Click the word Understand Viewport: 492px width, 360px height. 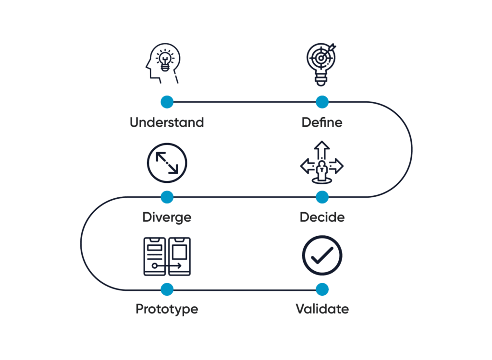click(167, 122)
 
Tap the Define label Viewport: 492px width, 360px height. click(322, 122)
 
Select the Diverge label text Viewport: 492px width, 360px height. click(167, 217)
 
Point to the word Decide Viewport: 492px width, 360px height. click(322, 217)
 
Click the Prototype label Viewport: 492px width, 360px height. click(167, 309)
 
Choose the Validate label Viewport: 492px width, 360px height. click(322, 309)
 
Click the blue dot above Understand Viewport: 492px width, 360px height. click(167, 102)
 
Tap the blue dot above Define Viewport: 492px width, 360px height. click(322, 102)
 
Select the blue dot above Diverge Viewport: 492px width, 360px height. click(167, 197)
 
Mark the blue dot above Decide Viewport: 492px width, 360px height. click(322, 197)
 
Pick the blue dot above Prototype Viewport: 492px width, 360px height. click(167, 289)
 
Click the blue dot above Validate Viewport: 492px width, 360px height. click(322, 289)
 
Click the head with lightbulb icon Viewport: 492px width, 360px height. click(163, 65)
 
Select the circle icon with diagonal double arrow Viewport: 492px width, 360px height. click(167, 163)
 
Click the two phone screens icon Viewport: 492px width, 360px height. click(167, 256)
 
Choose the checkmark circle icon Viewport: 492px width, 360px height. click(322, 255)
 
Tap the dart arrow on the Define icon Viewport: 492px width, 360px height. click(332, 49)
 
